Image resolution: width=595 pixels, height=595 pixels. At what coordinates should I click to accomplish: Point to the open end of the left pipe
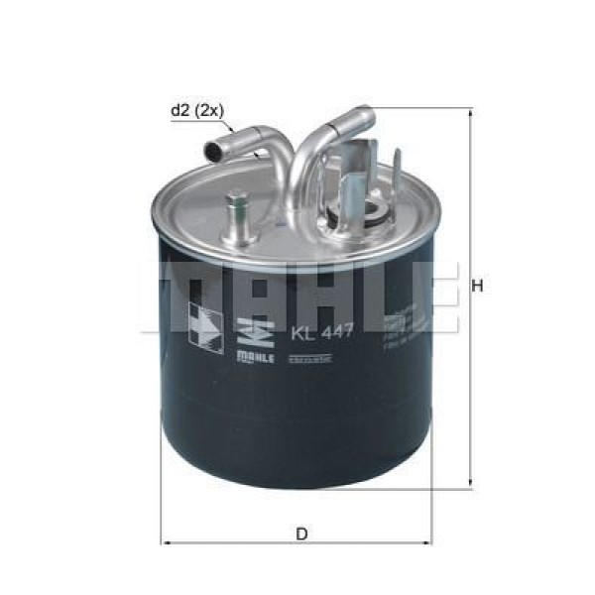pos(213,150)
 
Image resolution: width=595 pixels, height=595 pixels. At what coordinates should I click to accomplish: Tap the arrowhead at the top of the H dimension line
pos(467,112)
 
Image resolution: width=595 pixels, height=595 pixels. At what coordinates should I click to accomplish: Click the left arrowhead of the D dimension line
pos(168,544)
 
